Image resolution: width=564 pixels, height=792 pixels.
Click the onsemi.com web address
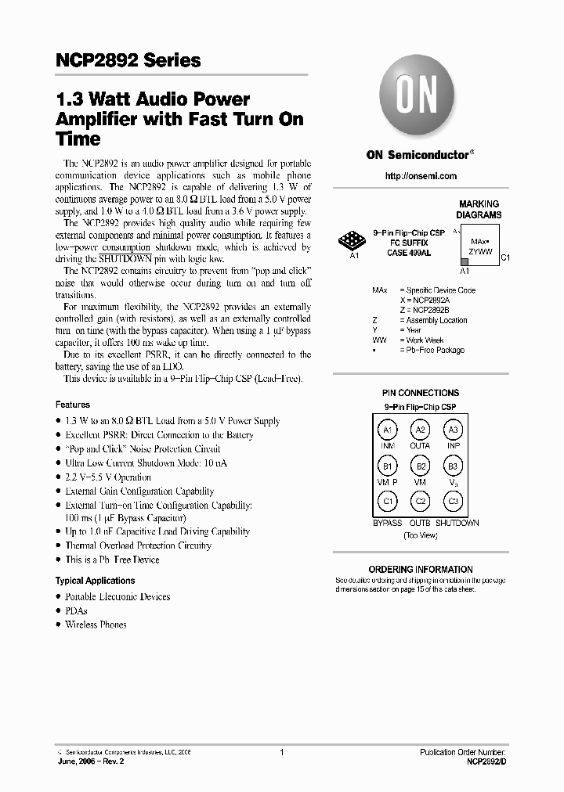point(420,176)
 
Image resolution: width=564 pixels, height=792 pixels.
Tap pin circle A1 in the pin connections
point(387,430)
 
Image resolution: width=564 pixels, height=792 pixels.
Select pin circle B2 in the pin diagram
point(421,466)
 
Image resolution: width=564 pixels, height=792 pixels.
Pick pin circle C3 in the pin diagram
point(453,502)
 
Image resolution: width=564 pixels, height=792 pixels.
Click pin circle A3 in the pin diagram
point(453,430)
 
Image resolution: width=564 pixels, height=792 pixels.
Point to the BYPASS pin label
point(387,523)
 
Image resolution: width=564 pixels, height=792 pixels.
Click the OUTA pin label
point(421,446)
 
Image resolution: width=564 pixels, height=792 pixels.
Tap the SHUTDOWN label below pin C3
point(457,523)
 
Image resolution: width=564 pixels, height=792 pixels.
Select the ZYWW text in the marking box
point(480,251)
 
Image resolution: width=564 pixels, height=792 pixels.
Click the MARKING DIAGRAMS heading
point(479,209)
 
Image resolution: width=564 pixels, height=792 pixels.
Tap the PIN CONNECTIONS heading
point(420,393)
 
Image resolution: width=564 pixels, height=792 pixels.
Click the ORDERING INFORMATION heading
point(420,569)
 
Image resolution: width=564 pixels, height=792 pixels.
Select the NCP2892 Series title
point(128,60)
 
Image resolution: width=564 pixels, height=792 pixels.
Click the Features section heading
point(72,405)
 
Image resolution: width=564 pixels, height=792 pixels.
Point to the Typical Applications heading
point(95,581)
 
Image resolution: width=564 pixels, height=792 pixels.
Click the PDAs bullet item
point(76,610)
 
